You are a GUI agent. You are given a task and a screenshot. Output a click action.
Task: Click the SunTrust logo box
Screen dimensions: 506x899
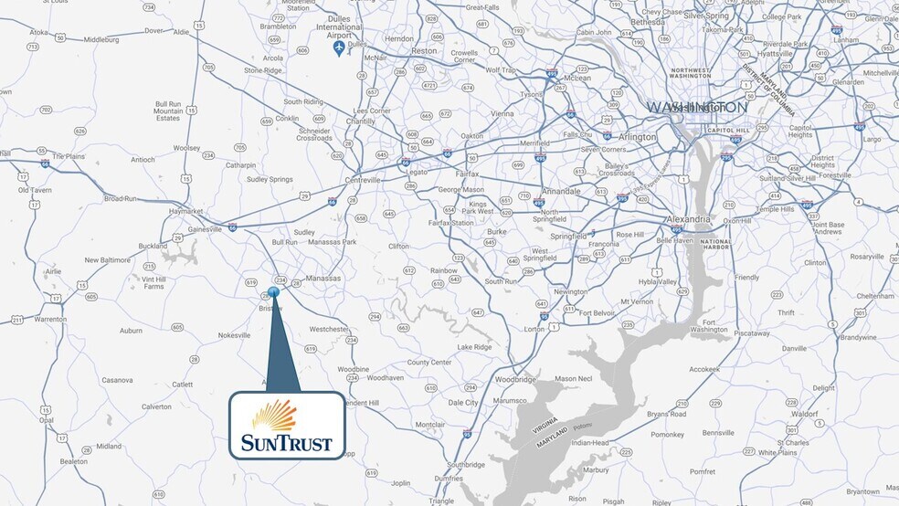287,425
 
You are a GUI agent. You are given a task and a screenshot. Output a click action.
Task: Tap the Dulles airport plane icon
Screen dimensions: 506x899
339,47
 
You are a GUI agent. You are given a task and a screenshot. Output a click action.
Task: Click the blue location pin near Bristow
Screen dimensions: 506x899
274,292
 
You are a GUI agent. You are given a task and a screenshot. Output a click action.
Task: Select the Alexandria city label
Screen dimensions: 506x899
688,219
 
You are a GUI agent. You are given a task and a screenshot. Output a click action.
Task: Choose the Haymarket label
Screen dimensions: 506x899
185,211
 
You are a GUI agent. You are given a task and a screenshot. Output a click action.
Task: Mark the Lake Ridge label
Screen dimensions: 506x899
475,347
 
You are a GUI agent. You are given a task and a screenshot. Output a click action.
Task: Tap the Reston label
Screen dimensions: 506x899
424,52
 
